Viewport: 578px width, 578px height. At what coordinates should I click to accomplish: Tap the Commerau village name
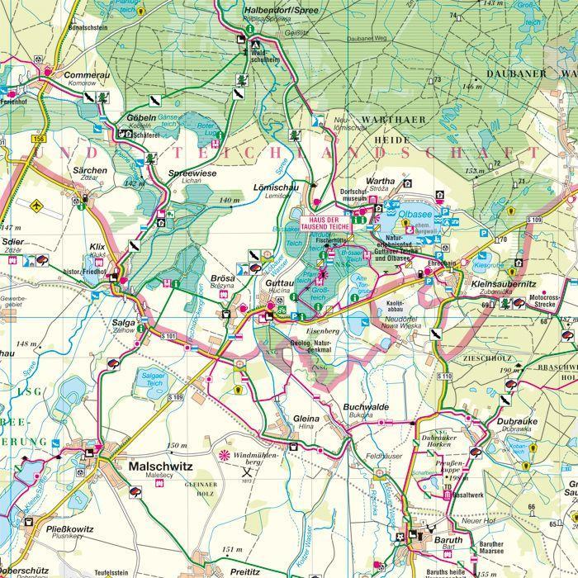pos(86,75)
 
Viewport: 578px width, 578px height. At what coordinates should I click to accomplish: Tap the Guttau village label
pos(275,282)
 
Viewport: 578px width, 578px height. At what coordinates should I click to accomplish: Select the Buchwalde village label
pos(367,407)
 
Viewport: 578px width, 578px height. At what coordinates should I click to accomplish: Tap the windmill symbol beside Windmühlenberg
pos(222,454)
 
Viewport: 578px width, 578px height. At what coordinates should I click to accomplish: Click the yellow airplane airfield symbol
pos(34,204)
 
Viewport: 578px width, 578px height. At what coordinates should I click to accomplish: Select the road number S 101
pos(168,336)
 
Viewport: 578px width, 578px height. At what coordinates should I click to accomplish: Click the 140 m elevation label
pos(230,200)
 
